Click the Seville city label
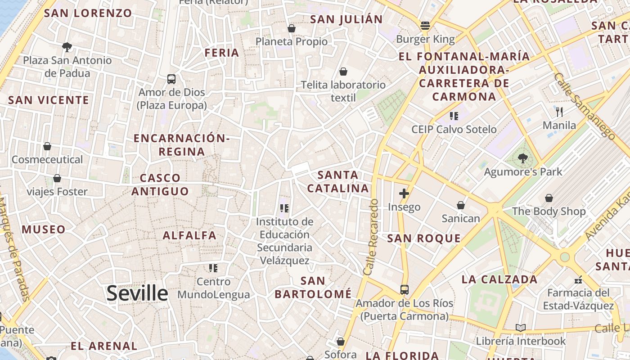tap(137, 293)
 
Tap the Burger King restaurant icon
tap(425, 26)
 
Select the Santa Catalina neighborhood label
tap(338, 181)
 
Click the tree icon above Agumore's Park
tap(522, 158)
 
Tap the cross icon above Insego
tap(404, 193)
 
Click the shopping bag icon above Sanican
tap(460, 205)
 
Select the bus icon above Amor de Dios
tap(171, 79)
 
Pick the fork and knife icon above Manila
tap(559, 112)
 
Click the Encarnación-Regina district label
tap(182, 144)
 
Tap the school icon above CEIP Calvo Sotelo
tap(454, 116)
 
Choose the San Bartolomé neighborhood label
tap(313, 288)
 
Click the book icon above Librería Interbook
tap(521, 328)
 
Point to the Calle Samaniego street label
tap(585, 105)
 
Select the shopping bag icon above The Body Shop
tap(549, 198)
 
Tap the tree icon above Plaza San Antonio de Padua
tap(67, 47)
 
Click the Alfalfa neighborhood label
tap(189, 235)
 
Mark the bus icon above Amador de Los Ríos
tap(405, 289)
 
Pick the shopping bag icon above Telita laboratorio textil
tap(343, 72)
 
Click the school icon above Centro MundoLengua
tap(213, 268)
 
